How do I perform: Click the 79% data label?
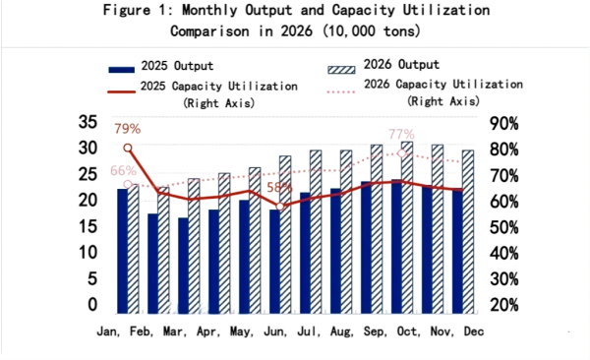128,129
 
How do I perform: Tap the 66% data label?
123,170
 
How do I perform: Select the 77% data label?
401,135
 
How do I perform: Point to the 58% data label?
279,187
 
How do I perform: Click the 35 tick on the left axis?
88,123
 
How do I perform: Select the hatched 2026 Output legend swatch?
338,68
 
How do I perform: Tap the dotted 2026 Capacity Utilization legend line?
338,87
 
